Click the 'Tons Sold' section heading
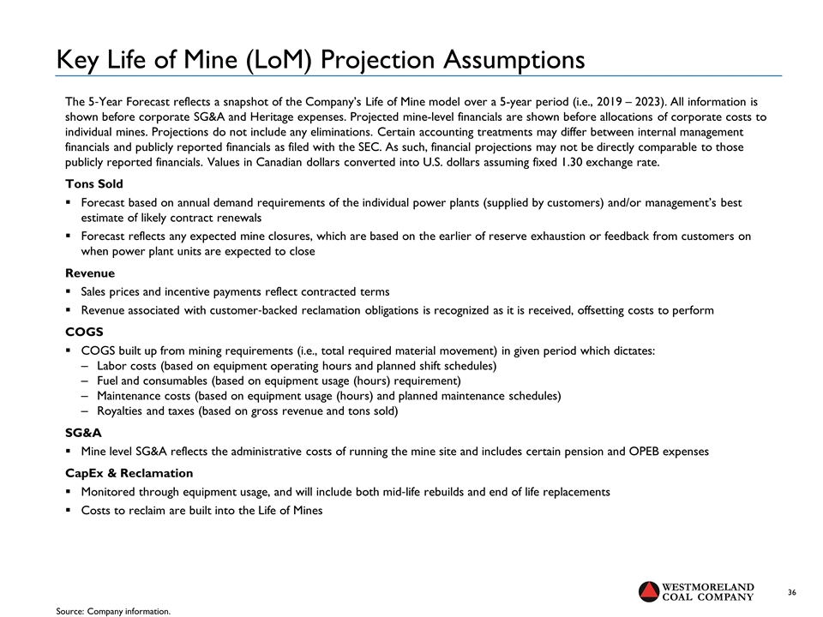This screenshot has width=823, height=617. [93, 184]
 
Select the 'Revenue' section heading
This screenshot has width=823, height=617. [90, 273]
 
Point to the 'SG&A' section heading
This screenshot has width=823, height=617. [82, 434]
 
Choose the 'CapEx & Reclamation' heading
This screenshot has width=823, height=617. [129, 473]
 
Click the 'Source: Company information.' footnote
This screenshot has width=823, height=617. [113, 611]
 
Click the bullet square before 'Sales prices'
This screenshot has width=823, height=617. [69, 292]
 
